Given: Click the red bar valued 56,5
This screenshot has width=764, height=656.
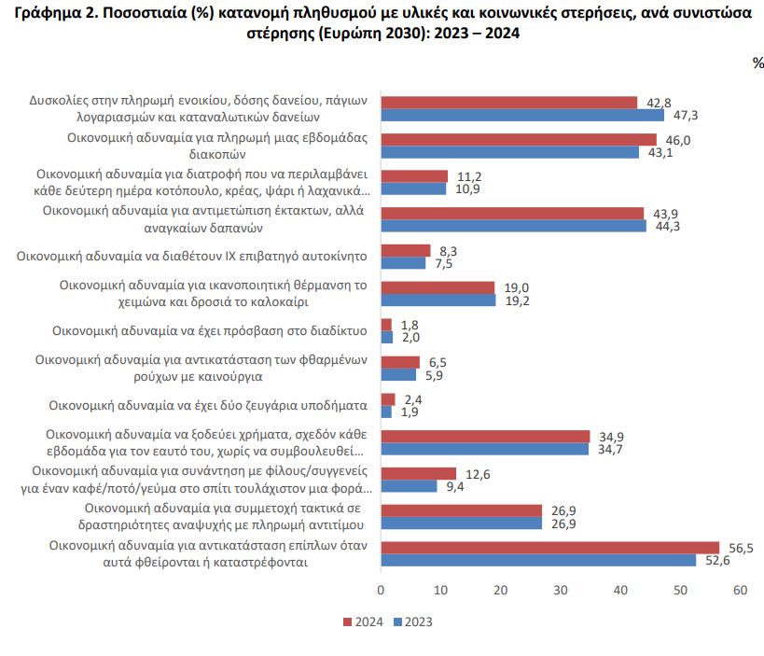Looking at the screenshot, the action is click(550, 548).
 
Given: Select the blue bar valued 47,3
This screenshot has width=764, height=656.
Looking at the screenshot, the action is click(522, 115).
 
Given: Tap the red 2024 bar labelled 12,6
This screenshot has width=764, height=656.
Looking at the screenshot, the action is click(419, 473).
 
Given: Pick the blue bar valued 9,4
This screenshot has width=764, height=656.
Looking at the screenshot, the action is click(410, 486).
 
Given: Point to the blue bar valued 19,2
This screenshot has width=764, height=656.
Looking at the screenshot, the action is click(438, 300).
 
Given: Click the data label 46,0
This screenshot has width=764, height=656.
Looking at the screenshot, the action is click(678, 140).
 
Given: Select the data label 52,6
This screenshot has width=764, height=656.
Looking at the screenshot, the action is click(717, 561).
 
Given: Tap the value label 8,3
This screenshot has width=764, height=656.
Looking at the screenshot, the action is click(449, 251).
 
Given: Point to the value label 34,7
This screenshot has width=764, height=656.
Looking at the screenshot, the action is click(610, 449).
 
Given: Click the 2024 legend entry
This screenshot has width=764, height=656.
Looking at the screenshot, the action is click(363, 621).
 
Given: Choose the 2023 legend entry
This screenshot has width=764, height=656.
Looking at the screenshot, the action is click(412, 621).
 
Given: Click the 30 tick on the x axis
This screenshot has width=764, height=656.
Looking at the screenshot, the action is click(561, 590).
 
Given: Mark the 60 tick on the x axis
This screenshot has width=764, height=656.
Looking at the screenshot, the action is click(740, 590).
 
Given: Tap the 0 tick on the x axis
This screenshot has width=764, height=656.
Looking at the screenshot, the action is click(381, 590).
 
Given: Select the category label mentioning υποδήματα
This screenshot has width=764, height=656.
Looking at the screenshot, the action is click(208, 406).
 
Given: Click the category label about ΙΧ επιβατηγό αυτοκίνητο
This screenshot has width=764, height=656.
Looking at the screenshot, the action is click(191, 257).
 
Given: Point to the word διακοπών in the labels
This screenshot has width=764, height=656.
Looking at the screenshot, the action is click(217, 154).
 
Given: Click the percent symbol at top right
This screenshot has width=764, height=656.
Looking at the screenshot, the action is click(758, 63).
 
